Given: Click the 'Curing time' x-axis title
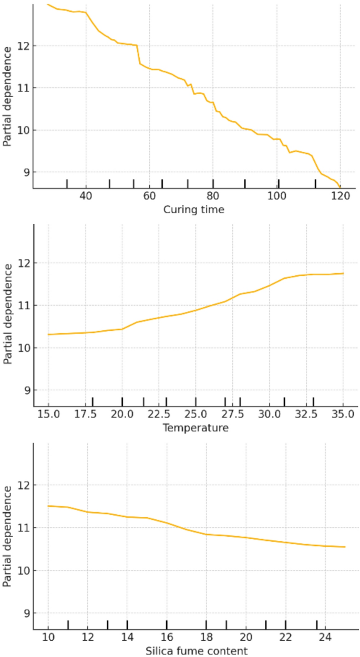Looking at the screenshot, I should point(193,210).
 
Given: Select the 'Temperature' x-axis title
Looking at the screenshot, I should point(196,428).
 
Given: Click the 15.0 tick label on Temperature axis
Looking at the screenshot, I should point(48,415).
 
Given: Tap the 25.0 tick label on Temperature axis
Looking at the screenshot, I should point(196,415).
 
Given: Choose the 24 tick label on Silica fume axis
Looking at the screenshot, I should point(325,638).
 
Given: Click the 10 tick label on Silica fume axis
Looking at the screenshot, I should point(48,638).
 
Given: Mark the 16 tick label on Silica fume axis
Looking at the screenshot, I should point(167,638).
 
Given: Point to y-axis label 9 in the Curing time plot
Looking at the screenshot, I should point(24,172).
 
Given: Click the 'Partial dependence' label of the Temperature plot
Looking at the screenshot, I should point(7,314).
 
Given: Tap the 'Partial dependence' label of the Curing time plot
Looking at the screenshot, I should point(7,96).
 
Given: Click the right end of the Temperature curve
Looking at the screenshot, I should point(343,273).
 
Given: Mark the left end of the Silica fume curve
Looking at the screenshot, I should point(48,506).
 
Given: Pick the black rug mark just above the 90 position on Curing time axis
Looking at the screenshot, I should point(244,183).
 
